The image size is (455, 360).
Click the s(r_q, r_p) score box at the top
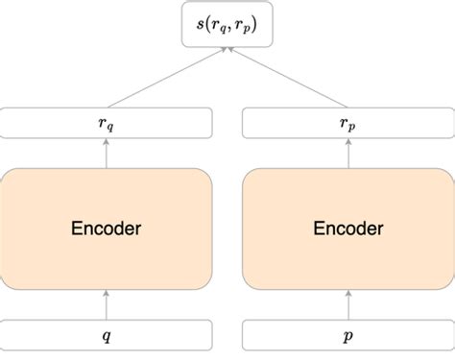click(227, 26)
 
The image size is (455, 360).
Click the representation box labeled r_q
click(107, 122)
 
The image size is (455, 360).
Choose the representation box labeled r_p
click(347, 122)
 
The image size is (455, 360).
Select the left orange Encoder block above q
click(107, 228)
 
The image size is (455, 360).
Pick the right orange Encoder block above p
click(347, 228)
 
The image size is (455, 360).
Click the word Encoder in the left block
click(107, 228)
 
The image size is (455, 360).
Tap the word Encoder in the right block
click(347, 228)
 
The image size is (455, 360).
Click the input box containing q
click(107, 335)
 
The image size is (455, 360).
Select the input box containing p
click(347, 335)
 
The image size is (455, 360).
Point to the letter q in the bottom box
click(107, 336)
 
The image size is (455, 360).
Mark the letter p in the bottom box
click(347, 336)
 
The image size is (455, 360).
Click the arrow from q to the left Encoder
click(107, 305)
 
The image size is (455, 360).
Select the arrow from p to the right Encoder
click(347, 305)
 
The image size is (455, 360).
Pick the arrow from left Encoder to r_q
click(107, 152)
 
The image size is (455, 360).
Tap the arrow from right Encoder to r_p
click(347, 152)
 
